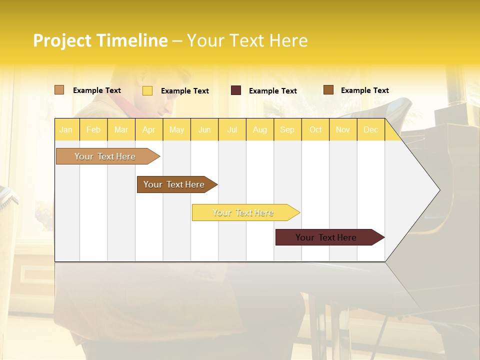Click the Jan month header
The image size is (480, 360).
[66, 129]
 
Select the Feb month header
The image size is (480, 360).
[93, 129]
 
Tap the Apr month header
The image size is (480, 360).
[148, 129]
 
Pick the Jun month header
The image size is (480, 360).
[204, 129]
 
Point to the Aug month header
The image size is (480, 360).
[260, 129]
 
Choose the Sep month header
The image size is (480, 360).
[287, 129]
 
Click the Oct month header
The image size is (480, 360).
[315, 129]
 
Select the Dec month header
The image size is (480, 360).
[371, 129]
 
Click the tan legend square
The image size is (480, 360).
[59, 90]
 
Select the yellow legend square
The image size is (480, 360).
[147, 90]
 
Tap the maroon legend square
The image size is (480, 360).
[235, 90]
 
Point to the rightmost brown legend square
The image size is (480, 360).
[328, 90]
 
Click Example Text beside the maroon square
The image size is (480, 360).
[272, 91]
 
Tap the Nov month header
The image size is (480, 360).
[343, 129]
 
